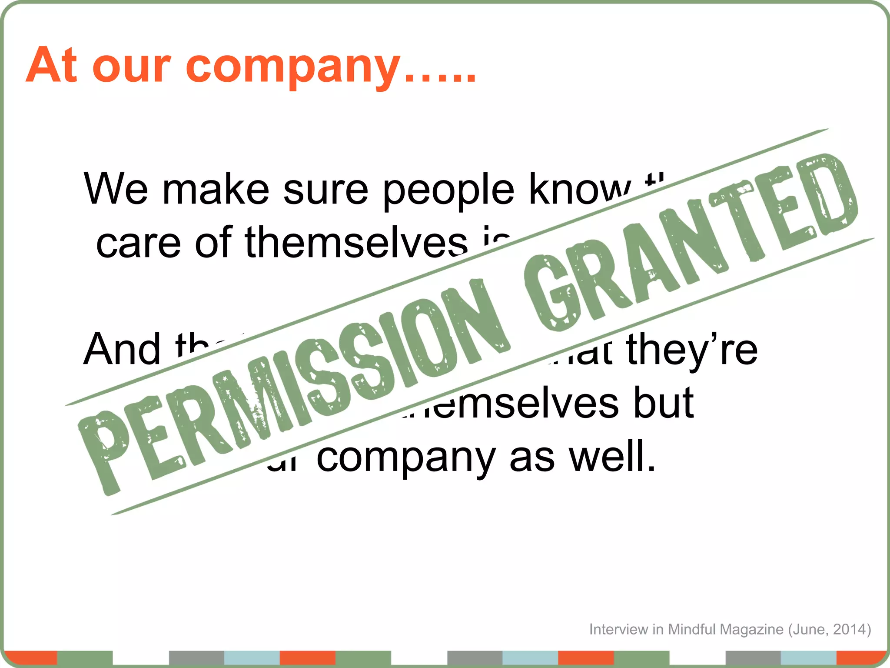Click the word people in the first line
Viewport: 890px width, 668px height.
448,191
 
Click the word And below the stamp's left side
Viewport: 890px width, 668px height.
122,349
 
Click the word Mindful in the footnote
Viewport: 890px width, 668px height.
691,629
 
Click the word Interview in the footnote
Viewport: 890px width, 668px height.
618,629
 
